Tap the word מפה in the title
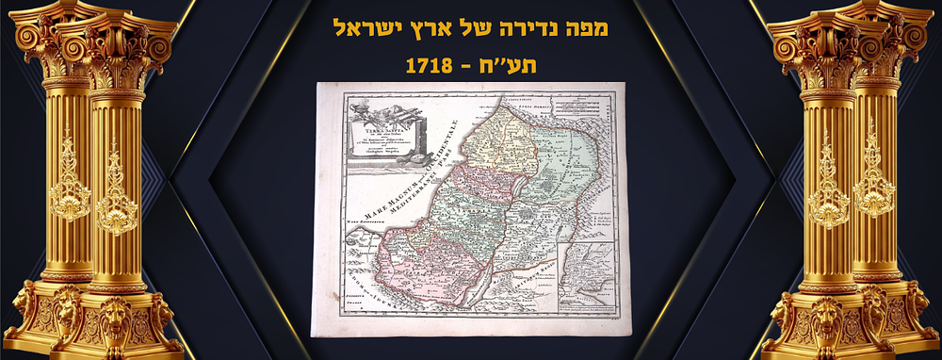(x=585, y=28)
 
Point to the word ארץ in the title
(x=429, y=28)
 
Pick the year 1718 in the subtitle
(x=430, y=67)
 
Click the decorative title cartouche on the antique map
(x=381, y=132)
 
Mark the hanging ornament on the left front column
(x=116, y=188)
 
